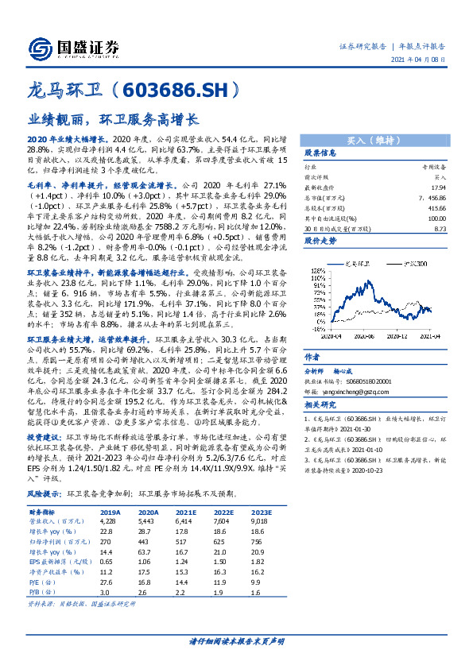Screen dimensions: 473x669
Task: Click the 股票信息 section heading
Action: pyautogui.click(x=321, y=153)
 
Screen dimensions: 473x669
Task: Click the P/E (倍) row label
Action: pyautogui.click(x=40, y=583)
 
